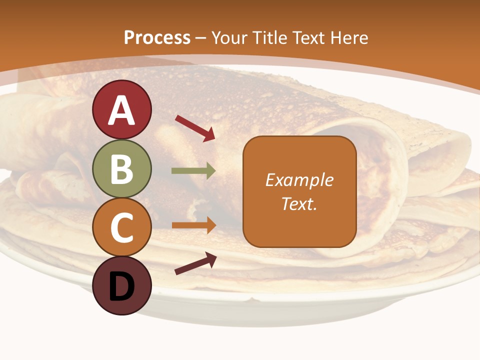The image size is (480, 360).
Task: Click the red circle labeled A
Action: (121, 109)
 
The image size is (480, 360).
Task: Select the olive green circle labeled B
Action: (121, 168)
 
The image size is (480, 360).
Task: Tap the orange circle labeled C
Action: (121, 227)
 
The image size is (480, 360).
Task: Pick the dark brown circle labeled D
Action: (121, 286)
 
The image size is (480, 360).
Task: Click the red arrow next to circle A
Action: (195, 128)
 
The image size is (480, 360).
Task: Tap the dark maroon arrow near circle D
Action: (195, 263)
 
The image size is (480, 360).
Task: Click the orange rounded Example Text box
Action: (299, 191)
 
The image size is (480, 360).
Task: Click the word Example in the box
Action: (299, 180)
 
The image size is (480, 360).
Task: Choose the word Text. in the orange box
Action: (299, 203)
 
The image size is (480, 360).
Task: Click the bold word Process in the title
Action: (157, 37)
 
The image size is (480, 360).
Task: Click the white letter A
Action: (121, 110)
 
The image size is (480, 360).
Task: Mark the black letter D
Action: (121, 287)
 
